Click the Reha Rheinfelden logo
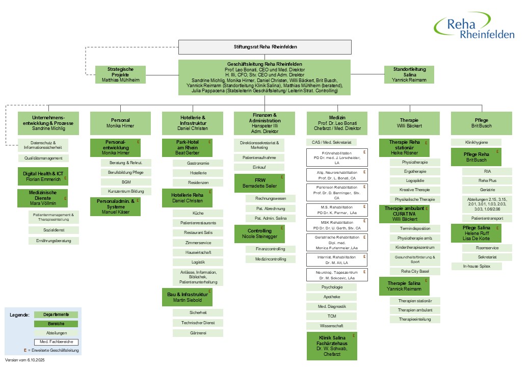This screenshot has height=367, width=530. [474, 27]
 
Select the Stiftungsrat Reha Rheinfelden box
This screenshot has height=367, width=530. [264, 46]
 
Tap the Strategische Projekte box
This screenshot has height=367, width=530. [120, 74]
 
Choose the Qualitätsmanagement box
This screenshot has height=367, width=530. [43, 159]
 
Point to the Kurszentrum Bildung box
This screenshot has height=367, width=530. [126, 191]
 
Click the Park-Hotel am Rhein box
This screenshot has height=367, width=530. [187, 147]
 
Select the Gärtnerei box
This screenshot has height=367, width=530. [198, 333]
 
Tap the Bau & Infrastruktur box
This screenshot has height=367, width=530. [187, 298]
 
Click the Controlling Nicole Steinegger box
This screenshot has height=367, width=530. [259, 234]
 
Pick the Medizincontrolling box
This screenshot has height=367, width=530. [270, 259]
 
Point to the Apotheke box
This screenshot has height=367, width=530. [331, 297]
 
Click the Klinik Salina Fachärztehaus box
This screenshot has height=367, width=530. [332, 346]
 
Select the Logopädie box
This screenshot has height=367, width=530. [414, 180]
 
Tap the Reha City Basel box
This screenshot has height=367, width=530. [414, 271]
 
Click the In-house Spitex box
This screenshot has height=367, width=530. [476, 266]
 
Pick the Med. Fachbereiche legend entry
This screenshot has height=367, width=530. [56, 342]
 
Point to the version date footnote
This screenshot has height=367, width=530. [24, 360]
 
